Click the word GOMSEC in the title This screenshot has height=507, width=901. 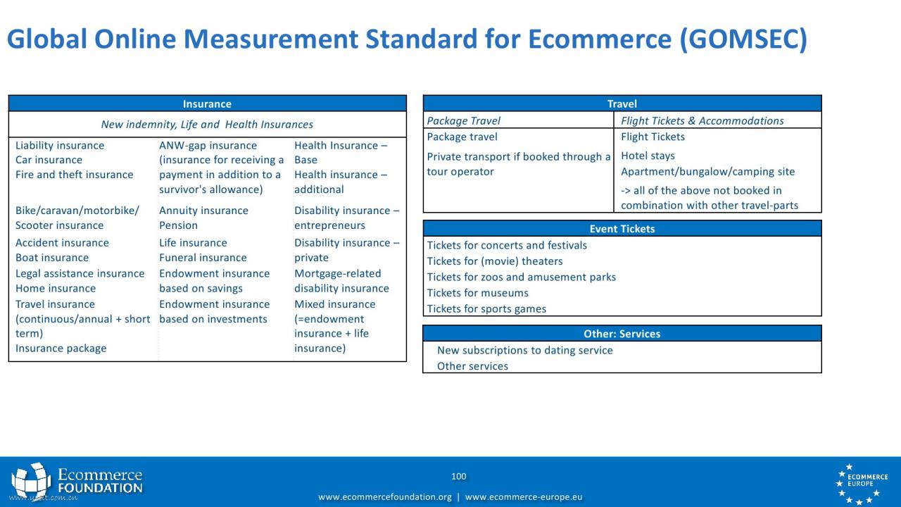tap(743, 39)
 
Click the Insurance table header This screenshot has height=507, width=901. tap(207, 104)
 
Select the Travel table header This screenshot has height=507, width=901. tap(622, 104)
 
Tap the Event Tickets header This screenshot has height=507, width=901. tap(622, 229)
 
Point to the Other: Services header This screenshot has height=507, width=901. tap(622, 334)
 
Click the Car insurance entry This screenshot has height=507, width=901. tap(49, 160)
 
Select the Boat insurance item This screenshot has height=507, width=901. tap(52, 258)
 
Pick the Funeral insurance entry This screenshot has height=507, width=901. tap(203, 258)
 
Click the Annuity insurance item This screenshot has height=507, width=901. tap(203, 211)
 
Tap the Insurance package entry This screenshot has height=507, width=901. tap(61, 348)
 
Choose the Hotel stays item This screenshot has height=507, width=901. tap(648, 156)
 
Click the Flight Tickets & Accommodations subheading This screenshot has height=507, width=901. tap(702, 120)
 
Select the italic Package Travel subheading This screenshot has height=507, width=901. tap(463, 120)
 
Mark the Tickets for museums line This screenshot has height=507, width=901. tap(477, 293)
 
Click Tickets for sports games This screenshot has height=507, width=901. tap(486, 308)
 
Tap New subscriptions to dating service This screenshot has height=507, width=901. tap(524, 350)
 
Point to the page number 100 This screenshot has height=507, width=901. tap(458, 477)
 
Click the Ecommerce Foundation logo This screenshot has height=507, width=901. tap(77, 481)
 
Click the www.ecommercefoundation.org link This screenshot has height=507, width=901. tap(385, 497)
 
